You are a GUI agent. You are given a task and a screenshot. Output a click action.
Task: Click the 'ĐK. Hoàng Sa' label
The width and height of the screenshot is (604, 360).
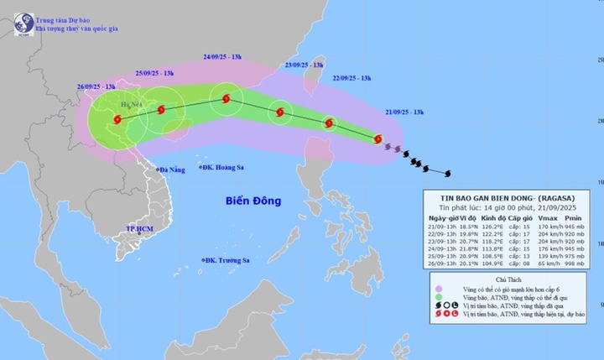point(226,168)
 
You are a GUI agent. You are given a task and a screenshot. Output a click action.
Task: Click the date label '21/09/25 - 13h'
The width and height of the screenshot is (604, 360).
point(409,111)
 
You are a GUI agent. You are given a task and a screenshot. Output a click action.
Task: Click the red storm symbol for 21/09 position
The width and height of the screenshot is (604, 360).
point(377,139)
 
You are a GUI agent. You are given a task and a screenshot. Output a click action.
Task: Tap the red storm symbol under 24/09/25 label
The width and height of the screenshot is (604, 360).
point(226,99)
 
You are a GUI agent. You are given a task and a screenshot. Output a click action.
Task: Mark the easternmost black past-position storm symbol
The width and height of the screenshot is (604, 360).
point(446,174)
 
